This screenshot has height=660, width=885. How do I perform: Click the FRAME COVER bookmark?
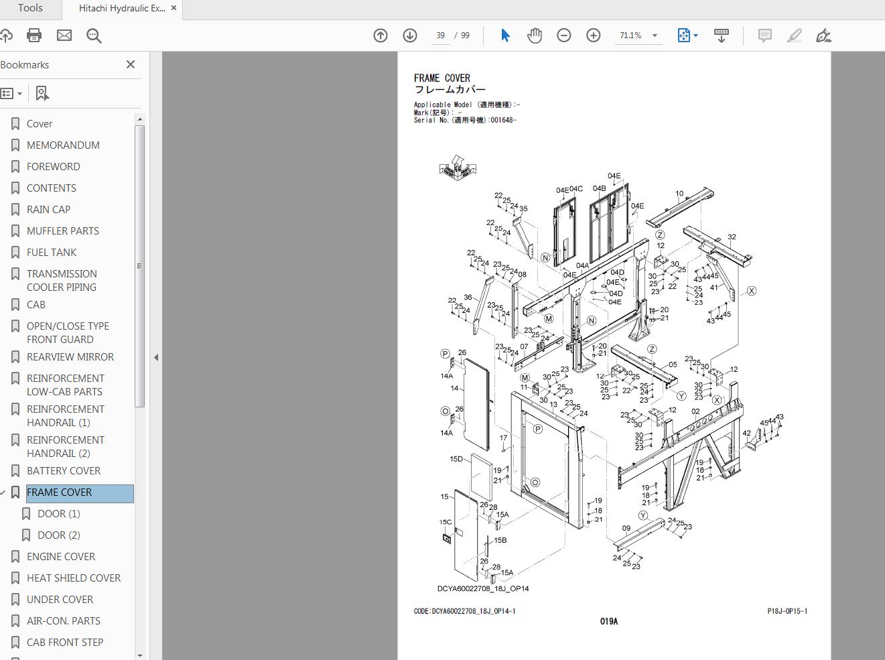[60, 492]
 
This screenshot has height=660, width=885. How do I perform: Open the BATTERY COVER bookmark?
[64, 471]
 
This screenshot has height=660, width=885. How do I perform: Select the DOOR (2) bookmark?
[59, 535]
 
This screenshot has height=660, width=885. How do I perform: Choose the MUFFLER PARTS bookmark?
[63, 231]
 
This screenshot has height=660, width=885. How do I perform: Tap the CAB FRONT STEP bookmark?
[65, 643]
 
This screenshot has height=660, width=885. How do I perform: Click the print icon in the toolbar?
[34, 36]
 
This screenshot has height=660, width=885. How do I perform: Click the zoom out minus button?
[564, 36]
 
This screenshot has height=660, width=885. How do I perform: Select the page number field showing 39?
[440, 36]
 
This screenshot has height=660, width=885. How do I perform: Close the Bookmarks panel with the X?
[131, 64]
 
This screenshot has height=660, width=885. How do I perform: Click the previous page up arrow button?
[381, 36]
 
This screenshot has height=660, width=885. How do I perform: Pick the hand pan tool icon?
[535, 36]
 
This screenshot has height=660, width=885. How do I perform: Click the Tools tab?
[30, 9]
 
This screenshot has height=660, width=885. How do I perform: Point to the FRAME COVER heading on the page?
[442, 78]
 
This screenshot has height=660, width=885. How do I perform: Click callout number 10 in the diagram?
[679, 194]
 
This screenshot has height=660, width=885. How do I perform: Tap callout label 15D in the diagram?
[456, 460]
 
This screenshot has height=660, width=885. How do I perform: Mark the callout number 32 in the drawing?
[732, 237]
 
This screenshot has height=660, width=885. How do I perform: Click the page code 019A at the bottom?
[609, 622]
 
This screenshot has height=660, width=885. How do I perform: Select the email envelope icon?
[64, 36]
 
